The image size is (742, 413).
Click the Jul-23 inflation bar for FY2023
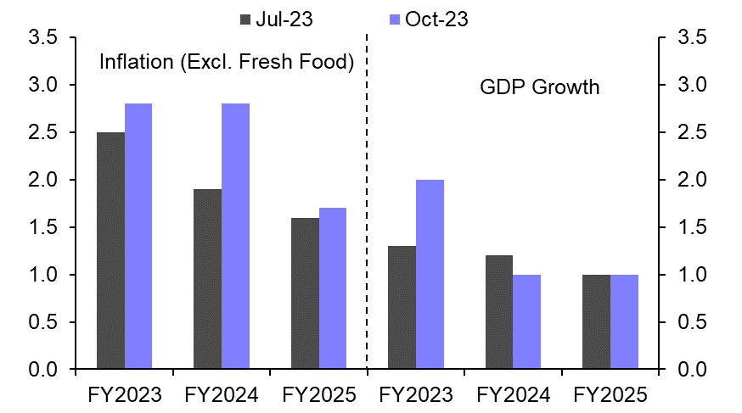110,251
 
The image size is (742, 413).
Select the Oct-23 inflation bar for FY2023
138,237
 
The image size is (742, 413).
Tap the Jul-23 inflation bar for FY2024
207,279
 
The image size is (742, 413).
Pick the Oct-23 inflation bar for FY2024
236,237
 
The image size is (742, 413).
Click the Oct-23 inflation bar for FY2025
333,288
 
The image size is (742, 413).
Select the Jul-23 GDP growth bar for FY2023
402,308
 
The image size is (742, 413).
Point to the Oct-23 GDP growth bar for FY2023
430,275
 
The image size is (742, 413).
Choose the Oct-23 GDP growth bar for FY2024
527,322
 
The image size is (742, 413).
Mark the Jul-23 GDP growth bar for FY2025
596,322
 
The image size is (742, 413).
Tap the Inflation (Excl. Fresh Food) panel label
227,62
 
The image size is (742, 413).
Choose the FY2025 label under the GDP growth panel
610,394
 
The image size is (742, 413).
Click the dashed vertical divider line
367,204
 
